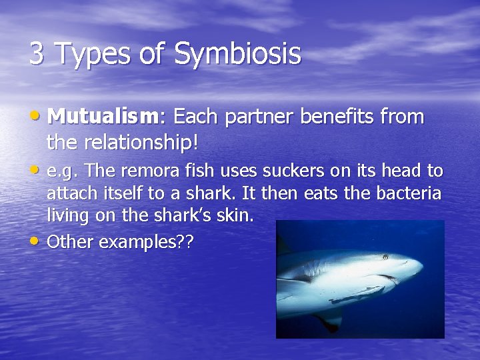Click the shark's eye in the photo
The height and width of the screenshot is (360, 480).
click(385, 257)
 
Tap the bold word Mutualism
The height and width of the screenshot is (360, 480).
click(103, 117)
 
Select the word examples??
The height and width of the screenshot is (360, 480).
click(146, 242)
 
